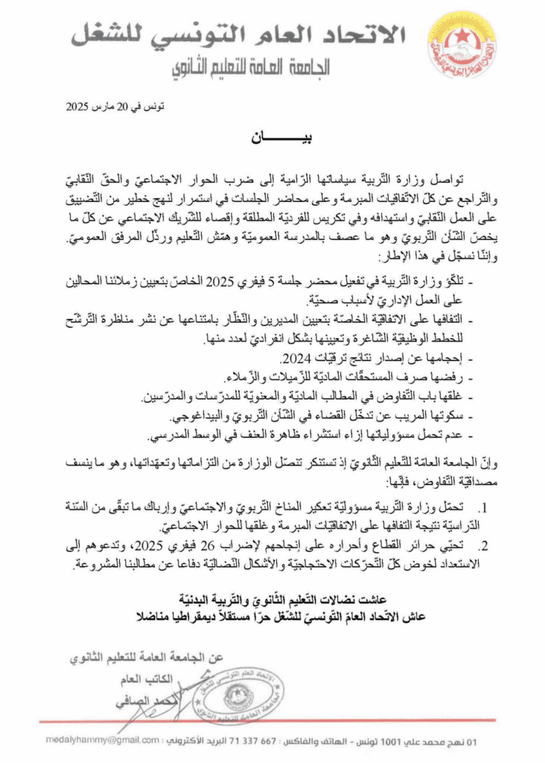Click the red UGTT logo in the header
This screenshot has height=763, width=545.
(x=461, y=46)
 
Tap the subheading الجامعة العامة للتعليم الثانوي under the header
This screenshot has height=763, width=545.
(x=256, y=69)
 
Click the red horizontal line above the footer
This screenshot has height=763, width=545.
(x=272, y=721)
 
